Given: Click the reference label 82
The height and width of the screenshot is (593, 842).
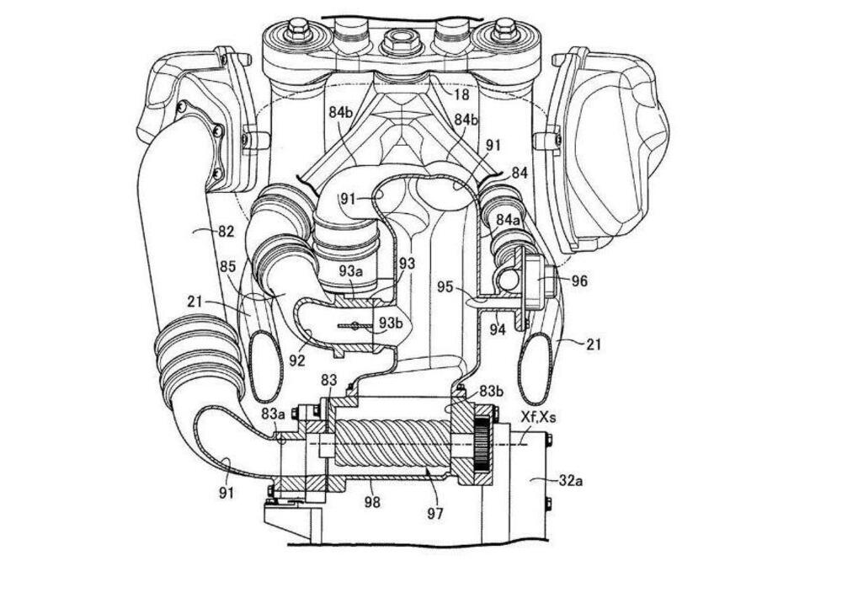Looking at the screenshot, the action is click(x=226, y=232).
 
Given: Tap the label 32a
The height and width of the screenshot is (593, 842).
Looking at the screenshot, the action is click(x=570, y=481).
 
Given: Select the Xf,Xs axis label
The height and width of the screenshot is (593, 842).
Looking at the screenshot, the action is click(x=537, y=417).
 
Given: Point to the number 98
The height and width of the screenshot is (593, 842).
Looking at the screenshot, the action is click(x=372, y=502).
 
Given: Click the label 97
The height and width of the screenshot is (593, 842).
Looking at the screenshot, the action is click(x=435, y=514).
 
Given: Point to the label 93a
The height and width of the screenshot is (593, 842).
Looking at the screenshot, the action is click(x=350, y=271).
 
